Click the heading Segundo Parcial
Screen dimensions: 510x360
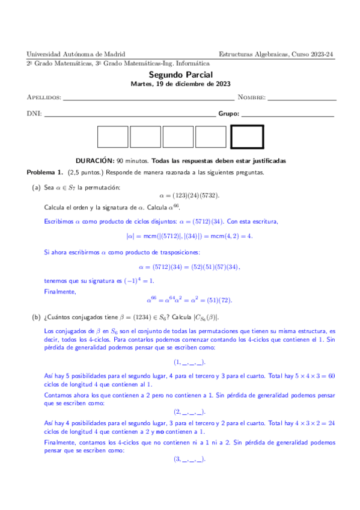click(x=180, y=75)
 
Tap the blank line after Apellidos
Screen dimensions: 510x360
click(x=148, y=97)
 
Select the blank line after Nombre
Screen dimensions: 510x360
click(x=302, y=97)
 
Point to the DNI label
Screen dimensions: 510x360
click(x=34, y=114)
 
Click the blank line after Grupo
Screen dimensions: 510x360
click(x=287, y=114)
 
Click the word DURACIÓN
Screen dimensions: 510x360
click(x=94, y=161)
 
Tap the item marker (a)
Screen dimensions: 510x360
click(x=36, y=188)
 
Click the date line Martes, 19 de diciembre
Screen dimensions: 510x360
click(x=180, y=84)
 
